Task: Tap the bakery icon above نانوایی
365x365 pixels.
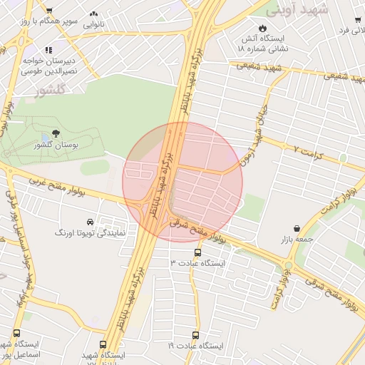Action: click(94, 14)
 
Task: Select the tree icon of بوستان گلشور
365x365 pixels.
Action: click(56, 133)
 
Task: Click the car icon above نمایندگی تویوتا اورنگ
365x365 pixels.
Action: click(90, 222)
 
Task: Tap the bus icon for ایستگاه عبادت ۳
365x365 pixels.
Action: click(197, 252)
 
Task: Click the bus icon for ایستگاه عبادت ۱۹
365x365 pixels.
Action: click(195, 334)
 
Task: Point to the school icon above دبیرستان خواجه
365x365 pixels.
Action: click(48, 50)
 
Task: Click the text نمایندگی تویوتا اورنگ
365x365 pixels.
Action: click(91, 233)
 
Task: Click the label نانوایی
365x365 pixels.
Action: click(94, 25)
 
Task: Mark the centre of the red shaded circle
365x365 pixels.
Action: click(182, 182)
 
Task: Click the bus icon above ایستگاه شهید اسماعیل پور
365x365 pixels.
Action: click(16, 333)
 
